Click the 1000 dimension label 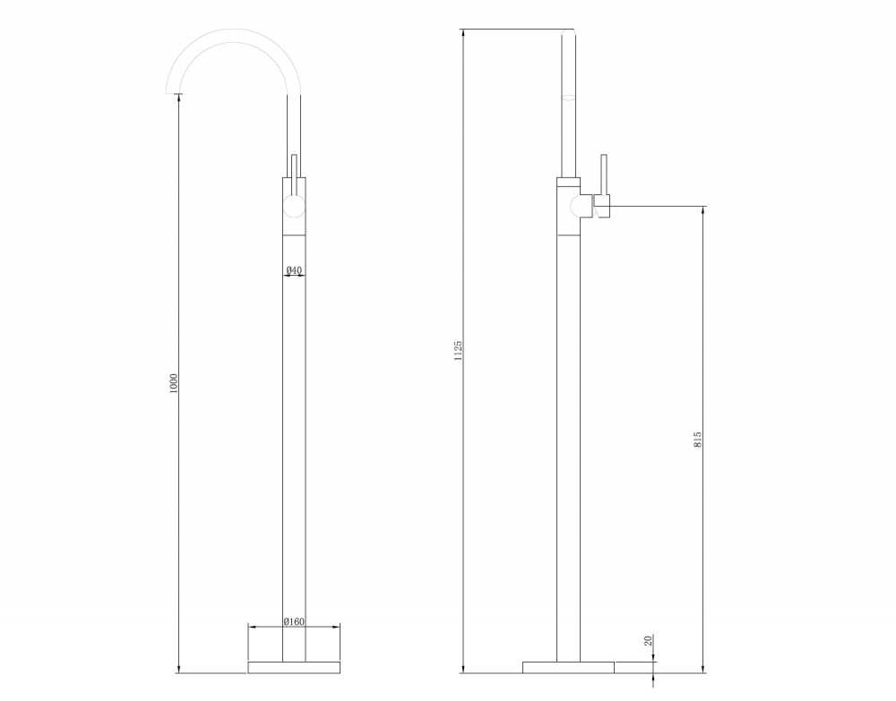click(174, 382)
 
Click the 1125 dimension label click(458, 351)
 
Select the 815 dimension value click(697, 439)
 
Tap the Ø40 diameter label click(294, 269)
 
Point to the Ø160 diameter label click(294, 621)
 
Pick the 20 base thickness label click(648, 640)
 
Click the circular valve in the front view click(294, 206)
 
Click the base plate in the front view click(294, 667)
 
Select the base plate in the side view click(569, 667)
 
